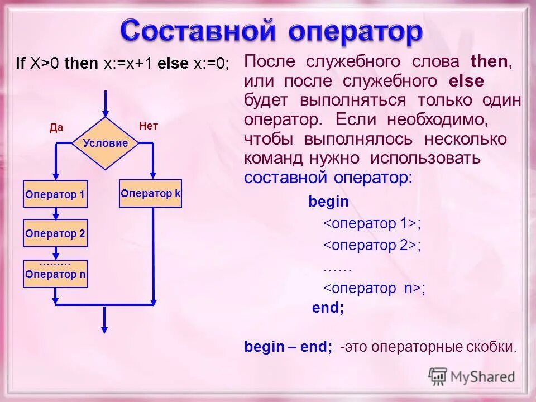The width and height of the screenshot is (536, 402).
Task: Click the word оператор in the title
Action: pyautogui.click(x=356, y=32)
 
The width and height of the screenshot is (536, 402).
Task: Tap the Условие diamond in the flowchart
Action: pyautogui.click(x=105, y=143)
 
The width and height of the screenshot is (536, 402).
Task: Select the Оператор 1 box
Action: pyautogui.click(x=55, y=194)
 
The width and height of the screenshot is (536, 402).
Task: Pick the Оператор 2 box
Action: pyautogui.click(x=55, y=234)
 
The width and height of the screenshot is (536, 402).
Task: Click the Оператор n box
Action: pyautogui.click(x=55, y=274)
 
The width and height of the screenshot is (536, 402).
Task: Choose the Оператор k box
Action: pyautogui.click(x=151, y=193)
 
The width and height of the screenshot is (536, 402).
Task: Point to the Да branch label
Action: pyautogui.click(x=56, y=128)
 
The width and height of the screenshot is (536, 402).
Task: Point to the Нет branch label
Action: pyautogui.click(x=149, y=126)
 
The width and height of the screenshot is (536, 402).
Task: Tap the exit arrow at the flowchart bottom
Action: pyautogui.click(x=104, y=320)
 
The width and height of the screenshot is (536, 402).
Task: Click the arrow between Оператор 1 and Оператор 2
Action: pyautogui.click(x=55, y=214)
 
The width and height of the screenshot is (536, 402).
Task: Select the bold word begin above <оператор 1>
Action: pyautogui.click(x=328, y=202)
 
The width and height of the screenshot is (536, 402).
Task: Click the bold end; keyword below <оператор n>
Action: pyautogui.click(x=328, y=308)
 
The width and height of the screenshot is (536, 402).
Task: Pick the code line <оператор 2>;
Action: pyautogui.click(x=372, y=245)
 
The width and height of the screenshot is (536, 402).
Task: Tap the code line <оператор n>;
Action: pyautogui.click(x=375, y=288)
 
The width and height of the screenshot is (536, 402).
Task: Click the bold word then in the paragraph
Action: pyautogui.click(x=489, y=61)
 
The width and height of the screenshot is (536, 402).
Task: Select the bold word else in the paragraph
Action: pyautogui.click(x=466, y=81)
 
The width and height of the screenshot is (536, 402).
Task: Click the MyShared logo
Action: pyautogui.click(x=472, y=376)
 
